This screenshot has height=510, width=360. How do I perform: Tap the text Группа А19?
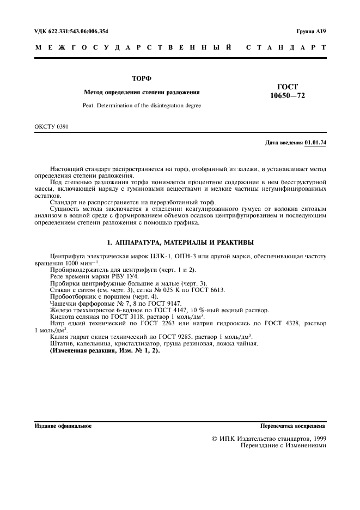[311, 32]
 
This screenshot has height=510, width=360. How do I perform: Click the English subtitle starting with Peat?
[142, 106]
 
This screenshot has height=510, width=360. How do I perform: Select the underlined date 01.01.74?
[315, 143]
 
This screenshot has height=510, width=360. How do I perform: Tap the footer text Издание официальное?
[63, 426]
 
